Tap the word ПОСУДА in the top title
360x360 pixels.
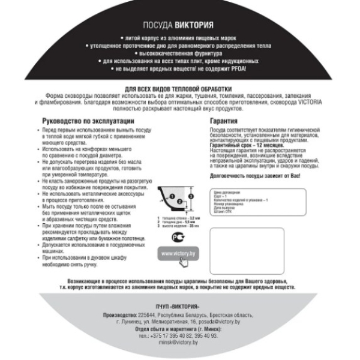pyautogui.click(x=157, y=26)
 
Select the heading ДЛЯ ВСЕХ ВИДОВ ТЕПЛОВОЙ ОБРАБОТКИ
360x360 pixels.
pyautogui.click(x=180, y=89)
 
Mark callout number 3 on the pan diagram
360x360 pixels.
pyautogui.click(x=191, y=196)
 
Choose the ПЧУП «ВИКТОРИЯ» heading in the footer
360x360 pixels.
pyautogui.click(x=179, y=305)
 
